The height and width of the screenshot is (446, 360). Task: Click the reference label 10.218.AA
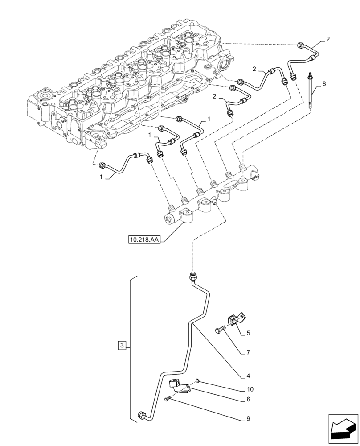(x=144, y=240)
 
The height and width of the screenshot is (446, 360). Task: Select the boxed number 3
(x=123, y=345)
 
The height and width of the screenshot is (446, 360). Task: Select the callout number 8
(x=324, y=83)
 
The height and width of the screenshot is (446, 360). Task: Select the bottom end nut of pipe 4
(x=143, y=416)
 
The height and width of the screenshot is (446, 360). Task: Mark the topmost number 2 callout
(x=327, y=39)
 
